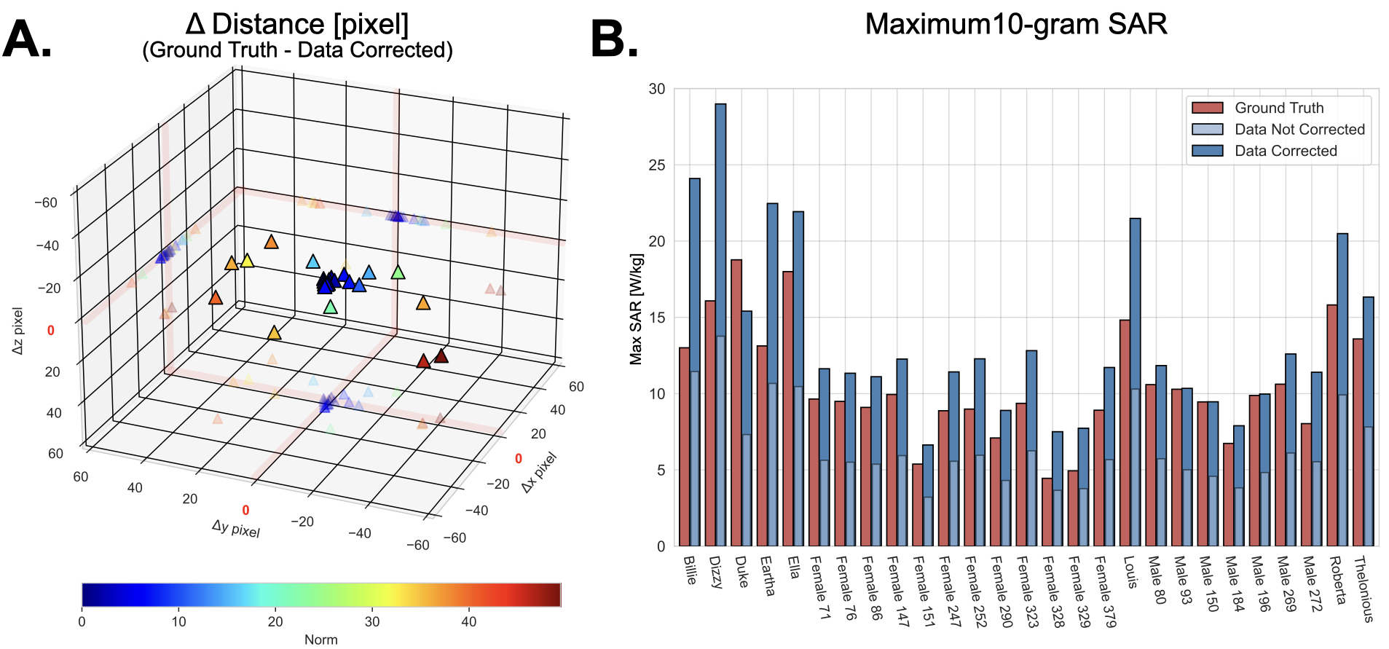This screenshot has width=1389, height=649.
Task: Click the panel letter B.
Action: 613,39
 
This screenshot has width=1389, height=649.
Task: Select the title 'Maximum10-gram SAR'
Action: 1015,24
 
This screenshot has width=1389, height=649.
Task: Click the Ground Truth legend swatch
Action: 1207,108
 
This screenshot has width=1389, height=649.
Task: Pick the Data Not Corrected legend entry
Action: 1299,130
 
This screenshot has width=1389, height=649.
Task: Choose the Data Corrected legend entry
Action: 1286,151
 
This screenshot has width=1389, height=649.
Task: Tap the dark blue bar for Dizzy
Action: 720,219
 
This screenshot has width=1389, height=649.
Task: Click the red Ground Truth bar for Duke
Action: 736,401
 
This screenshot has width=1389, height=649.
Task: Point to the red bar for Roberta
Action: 1331,422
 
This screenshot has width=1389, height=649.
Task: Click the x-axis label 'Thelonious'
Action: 1363,589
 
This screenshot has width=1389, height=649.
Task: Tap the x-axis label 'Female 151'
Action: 922,591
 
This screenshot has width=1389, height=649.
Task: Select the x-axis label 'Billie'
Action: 690,570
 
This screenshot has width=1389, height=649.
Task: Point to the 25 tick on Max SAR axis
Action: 657,165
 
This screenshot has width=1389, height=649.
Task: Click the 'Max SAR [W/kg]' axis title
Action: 636,309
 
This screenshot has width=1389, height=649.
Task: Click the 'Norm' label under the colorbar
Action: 320,640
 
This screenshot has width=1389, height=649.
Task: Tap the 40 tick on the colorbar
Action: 469,622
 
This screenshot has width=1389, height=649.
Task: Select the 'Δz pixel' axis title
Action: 18,331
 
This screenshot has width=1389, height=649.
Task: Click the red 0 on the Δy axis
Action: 245,511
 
